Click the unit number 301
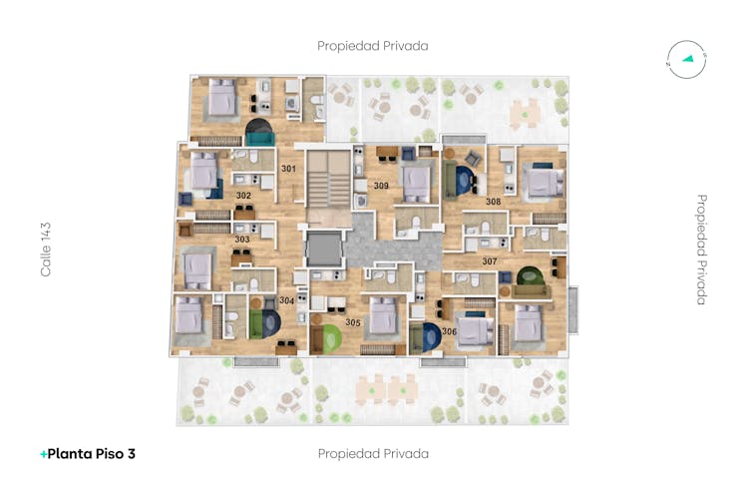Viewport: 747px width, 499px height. tap(288, 169)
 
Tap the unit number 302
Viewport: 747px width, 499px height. tap(243, 196)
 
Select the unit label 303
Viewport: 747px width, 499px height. tap(242, 240)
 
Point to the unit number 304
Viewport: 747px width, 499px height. tap(287, 300)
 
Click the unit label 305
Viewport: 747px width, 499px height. tap(353, 322)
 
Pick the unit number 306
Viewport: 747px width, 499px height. tap(449, 331)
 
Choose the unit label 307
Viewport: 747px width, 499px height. tap(490, 261)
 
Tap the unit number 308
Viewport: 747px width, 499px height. tap(493, 202)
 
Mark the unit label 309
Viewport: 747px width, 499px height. tap(381, 186)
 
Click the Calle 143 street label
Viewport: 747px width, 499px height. tap(46, 249)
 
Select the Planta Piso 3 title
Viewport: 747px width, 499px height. tap(88, 454)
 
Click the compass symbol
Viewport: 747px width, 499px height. tap(686, 60)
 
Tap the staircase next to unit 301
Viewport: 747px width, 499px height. tap(328, 179)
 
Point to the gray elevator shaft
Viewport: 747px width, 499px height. tap(324, 249)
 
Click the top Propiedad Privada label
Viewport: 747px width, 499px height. tap(373, 46)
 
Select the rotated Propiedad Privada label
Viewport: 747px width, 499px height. tap(701, 249)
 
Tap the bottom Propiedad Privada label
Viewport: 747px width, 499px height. tap(373, 454)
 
